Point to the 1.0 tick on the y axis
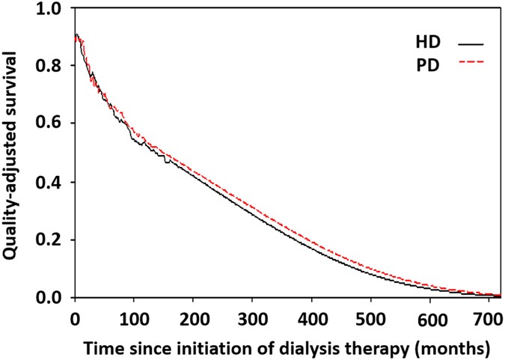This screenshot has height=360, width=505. (54, 8)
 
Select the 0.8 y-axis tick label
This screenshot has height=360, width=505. (54, 66)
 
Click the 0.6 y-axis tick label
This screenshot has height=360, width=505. (54, 124)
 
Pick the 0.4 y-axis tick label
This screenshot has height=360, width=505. (54, 182)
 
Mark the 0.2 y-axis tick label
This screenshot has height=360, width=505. (54, 240)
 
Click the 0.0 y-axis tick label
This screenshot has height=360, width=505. (54, 298)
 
